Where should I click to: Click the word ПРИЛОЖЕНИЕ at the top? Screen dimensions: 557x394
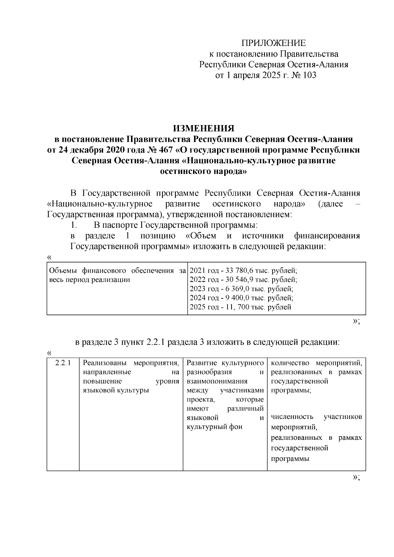click(x=274, y=43)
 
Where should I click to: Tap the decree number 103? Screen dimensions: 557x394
click(x=310, y=75)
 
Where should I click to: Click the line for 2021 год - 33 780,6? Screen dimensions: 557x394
click(x=243, y=271)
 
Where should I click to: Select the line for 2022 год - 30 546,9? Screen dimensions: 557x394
click(x=243, y=280)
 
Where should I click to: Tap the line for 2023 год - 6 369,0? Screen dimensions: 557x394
click(x=241, y=289)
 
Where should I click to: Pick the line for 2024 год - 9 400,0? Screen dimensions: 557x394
click(x=241, y=298)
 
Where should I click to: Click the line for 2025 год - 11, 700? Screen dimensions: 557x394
click(x=240, y=307)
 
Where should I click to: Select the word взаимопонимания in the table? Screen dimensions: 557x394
click(x=217, y=381)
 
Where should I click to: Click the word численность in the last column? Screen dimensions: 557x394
click(x=292, y=417)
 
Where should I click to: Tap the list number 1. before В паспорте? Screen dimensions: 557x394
click(x=74, y=225)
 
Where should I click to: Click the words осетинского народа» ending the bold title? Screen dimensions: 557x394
click(x=203, y=171)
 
